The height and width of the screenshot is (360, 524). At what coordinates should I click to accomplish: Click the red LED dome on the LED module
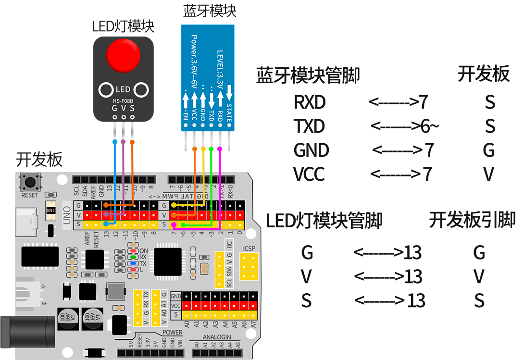tap(123, 55)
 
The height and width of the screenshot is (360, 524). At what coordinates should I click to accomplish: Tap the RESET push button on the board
tap(30, 183)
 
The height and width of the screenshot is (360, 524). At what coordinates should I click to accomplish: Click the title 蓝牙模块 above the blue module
tap(210, 11)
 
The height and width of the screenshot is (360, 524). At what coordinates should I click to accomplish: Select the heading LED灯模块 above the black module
tap(123, 26)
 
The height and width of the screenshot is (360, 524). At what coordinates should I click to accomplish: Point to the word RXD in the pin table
tap(310, 102)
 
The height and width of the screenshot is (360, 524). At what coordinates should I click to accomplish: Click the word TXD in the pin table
tap(309, 126)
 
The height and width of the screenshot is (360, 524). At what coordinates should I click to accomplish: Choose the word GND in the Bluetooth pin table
tap(311, 150)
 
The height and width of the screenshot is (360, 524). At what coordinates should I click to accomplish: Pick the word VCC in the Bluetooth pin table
tap(309, 174)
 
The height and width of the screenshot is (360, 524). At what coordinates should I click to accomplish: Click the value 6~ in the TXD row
tap(429, 126)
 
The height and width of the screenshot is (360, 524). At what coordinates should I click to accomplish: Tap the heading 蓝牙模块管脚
tap(308, 76)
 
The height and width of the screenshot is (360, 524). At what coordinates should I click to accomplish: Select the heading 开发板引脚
tap(472, 220)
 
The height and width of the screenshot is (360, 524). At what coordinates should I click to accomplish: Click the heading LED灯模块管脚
tap(324, 221)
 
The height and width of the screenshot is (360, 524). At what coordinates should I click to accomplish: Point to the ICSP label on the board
tap(250, 248)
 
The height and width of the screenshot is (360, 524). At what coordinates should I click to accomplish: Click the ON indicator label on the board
tap(143, 250)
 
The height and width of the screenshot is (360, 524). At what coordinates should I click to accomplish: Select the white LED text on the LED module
tap(123, 90)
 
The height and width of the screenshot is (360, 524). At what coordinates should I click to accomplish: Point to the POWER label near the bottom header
tap(172, 332)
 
